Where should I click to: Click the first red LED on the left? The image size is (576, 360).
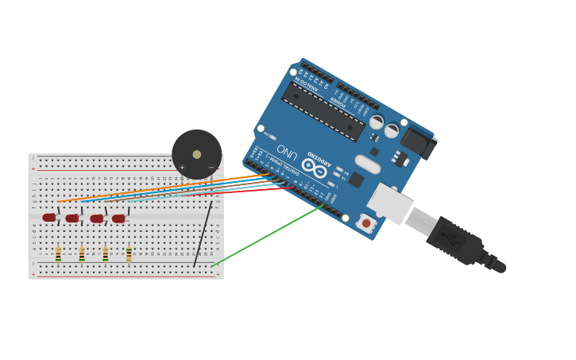pos(49,218)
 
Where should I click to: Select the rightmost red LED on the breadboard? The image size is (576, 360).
pos(118,219)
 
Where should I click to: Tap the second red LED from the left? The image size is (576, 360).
pos(72,219)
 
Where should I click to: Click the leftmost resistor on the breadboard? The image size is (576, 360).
pos(58,254)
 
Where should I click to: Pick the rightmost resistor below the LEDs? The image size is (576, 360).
pos(129,254)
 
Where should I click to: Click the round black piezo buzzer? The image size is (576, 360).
pos(196,154)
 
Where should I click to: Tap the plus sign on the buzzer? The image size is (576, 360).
pos(182,168)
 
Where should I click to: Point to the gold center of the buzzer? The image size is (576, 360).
pos(197,154)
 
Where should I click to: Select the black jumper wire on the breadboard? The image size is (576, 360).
pos(203,234)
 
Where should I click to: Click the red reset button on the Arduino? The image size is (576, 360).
pos(366,224)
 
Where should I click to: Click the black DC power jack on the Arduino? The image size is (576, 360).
pos(417,143)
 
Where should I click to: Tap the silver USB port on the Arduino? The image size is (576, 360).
pos(389,203)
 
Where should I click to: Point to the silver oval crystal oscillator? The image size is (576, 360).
pos(367,165)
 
